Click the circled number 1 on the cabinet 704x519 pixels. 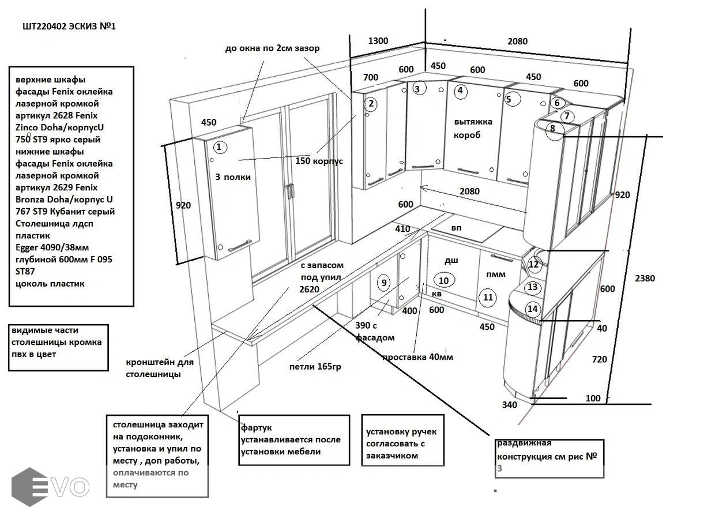[x=219, y=147]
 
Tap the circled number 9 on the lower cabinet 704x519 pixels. [x=384, y=283]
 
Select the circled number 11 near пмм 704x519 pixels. [x=488, y=298]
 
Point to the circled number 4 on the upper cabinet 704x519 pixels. [x=460, y=91]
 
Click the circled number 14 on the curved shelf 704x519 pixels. [x=533, y=309]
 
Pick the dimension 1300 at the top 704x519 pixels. [x=378, y=41]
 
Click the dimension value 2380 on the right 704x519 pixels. [x=644, y=278]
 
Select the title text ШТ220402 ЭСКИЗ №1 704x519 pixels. [x=69, y=26]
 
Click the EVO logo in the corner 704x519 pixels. [x=51, y=487]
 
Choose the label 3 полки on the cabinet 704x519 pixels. [x=233, y=177]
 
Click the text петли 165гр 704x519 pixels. [x=315, y=366]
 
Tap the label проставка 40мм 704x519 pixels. [x=417, y=357]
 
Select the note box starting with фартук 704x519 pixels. [x=295, y=439]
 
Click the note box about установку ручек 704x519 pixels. [x=403, y=439]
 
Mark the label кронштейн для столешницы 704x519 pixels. [x=159, y=368]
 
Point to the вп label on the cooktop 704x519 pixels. [x=456, y=228]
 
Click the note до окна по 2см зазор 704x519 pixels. [x=272, y=48]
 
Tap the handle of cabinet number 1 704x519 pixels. [x=239, y=247]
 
